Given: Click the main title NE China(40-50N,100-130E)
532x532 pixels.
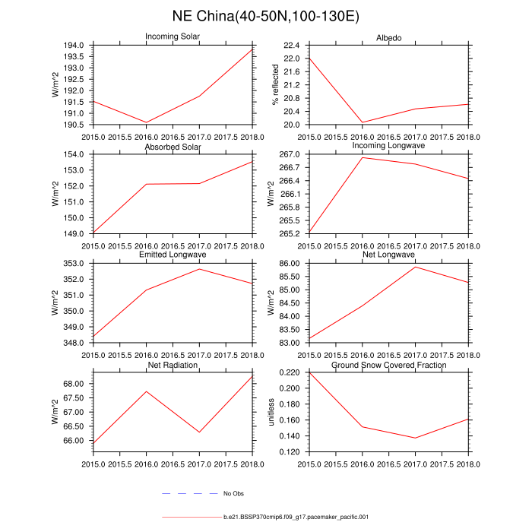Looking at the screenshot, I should (266, 16).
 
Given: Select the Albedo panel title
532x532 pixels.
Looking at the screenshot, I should (388, 38).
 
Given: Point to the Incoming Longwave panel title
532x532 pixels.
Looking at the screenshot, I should (388, 145).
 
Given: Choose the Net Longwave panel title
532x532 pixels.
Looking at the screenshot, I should (388, 255).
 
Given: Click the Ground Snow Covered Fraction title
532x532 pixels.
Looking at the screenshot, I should (388, 366).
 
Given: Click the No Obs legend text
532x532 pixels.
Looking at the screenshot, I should (233, 494).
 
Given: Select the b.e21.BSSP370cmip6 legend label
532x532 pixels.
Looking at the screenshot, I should (296, 517).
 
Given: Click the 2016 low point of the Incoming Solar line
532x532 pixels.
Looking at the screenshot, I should (147, 122).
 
